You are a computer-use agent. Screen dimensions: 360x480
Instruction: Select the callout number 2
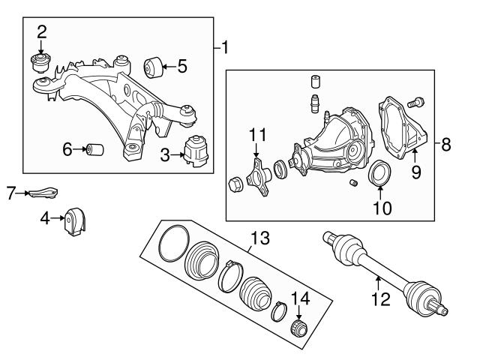pos(42,31)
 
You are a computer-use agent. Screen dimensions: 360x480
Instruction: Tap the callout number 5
pos(182,66)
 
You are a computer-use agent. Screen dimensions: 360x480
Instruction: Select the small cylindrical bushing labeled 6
pos(95,149)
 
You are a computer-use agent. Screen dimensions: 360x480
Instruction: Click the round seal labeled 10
pos(379,172)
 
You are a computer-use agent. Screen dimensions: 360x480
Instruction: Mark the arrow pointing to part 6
pos(78,149)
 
